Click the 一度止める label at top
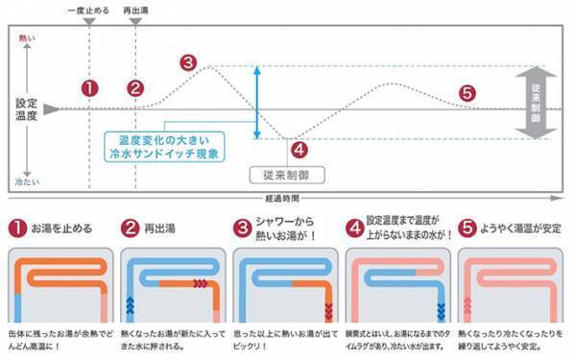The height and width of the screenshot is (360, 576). [x=89, y=11]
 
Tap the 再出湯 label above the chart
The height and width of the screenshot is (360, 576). [x=137, y=11]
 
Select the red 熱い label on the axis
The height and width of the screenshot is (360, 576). [x=26, y=38]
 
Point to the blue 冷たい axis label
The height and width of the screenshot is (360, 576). [x=26, y=180]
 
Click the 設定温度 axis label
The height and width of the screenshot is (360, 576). [x=26, y=108]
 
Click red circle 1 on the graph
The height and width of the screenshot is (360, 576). [x=89, y=88]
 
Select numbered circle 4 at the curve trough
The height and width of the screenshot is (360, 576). [x=299, y=149]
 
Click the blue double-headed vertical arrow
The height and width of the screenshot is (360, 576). [x=257, y=103]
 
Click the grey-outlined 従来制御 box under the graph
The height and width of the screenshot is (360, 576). [x=286, y=175]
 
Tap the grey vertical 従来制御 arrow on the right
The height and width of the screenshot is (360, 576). [x=535, y=103]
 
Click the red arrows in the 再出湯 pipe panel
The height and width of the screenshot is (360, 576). [x=201, y=283]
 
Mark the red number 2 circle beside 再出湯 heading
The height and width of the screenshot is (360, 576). [x=131, y=228]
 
